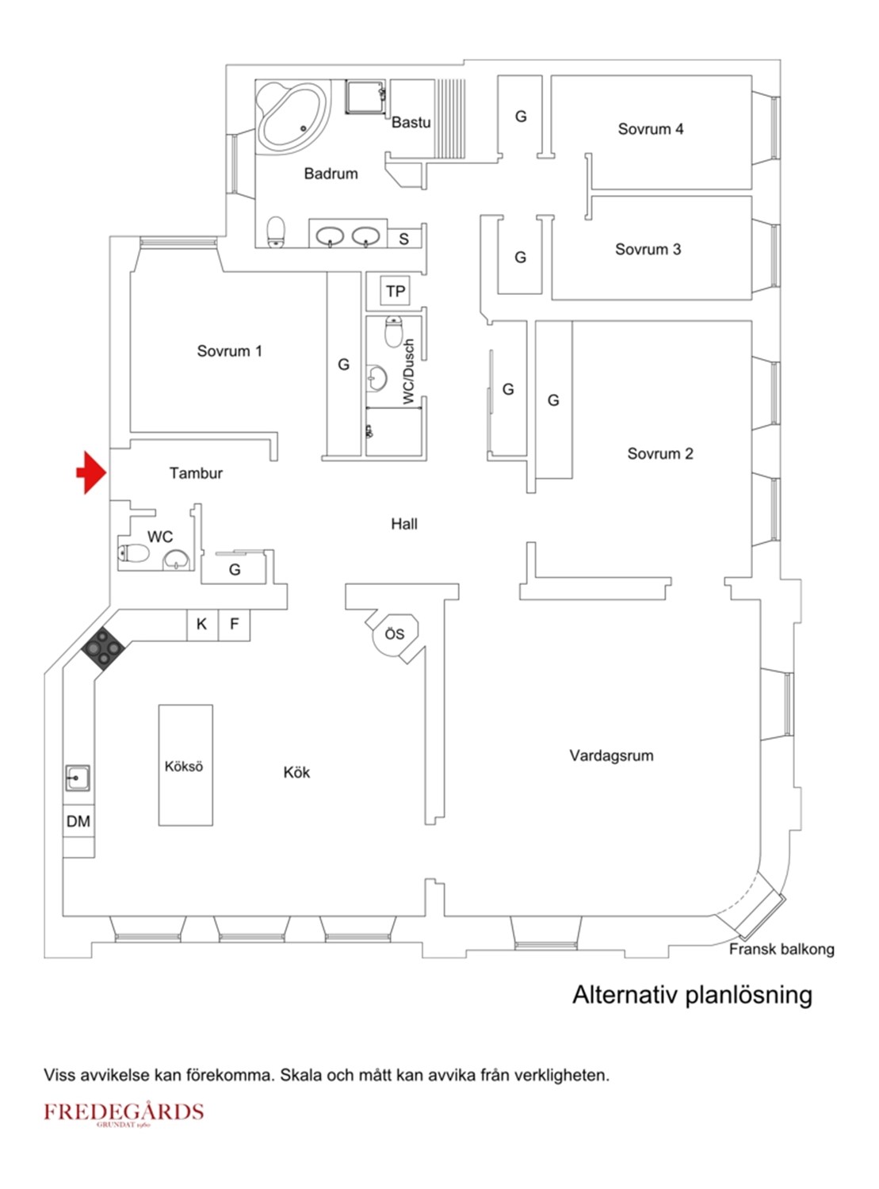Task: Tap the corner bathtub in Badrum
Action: [291, 118]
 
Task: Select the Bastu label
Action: [411, 122]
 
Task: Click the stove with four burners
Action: [104, 648]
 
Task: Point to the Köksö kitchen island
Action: [185, 766]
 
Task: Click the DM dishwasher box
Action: [78, 821]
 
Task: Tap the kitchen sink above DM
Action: [78, 778]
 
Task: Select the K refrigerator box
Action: [201, 625]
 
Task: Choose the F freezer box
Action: [235, 625]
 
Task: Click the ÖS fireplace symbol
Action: [395, 635]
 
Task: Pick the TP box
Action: [396, 292]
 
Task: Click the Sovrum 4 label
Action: [650, 129]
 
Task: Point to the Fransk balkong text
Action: [781, 949]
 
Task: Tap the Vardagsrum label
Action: [611, 755]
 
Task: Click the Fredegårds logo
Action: [124, 1113]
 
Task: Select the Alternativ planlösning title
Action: [692, 995]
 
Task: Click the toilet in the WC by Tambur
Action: [134, 552]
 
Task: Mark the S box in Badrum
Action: [403, 239]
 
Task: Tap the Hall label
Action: [403, 524]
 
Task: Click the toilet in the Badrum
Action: [276, 231]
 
